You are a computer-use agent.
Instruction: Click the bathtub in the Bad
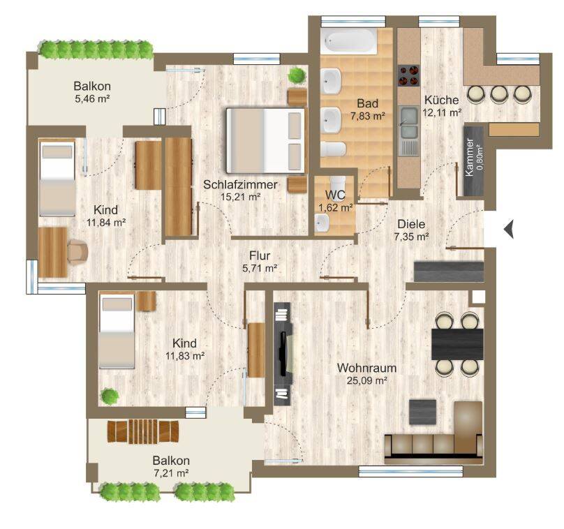coord(349,41)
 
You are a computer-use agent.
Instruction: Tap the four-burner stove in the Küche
coord(408,75)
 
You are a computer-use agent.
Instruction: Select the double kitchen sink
coord(409,122)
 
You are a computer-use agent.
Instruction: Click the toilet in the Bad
coord(333,149)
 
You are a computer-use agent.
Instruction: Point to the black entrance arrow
coord(508,229)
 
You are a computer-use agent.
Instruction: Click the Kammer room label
coord(469,157)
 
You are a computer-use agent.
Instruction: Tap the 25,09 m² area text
coord(367,380)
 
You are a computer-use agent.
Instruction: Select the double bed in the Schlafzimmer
coord(265,140)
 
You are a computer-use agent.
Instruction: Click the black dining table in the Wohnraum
coord(457,344)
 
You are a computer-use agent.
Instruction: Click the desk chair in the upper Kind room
coord(78,251)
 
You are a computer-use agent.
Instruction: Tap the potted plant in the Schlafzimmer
coord(297,75)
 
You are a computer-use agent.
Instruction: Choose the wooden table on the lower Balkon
coord(143,431)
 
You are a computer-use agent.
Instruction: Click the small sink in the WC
coord(322,223)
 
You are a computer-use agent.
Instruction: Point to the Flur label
coord(260,255)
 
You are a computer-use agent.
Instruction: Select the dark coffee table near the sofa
coord(422,412)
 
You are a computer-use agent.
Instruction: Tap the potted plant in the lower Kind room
coord(110,396)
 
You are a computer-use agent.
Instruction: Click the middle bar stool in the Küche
coord(498,94)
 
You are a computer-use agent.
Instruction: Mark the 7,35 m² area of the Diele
coord(411,237)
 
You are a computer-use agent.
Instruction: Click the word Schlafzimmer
coord(240,184)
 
